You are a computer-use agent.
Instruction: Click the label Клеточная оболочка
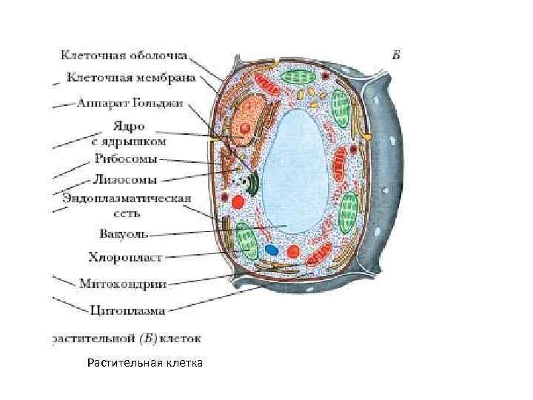[x=124, y=56]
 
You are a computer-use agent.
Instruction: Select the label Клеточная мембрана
[x=131, y=76]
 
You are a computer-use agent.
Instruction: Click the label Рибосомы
[x=125, y=159]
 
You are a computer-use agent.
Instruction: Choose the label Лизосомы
[x=124, y=179]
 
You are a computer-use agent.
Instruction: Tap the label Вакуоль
[x=124, y=234]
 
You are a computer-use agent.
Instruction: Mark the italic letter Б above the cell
[x=396, y=54]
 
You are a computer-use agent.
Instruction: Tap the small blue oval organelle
[x=272, y=250]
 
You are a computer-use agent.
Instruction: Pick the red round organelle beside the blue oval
[x=293, y=251]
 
